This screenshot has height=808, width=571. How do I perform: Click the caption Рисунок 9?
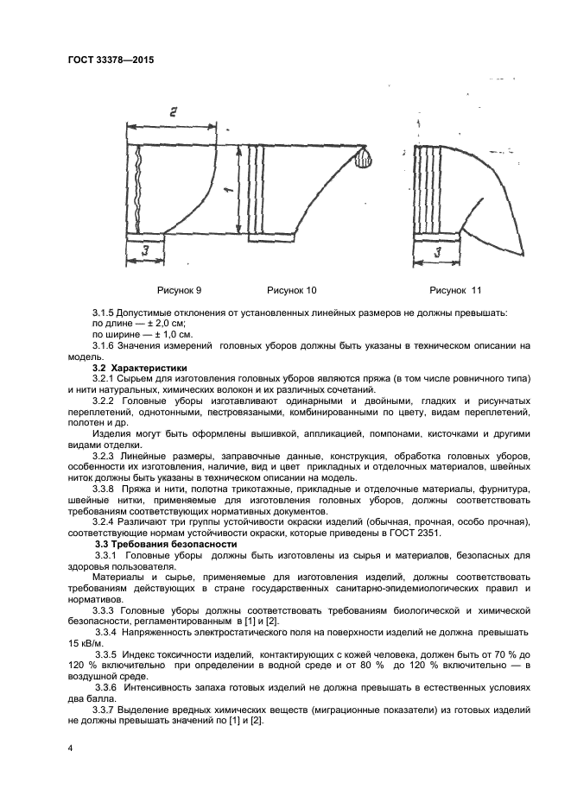tap(179, 291)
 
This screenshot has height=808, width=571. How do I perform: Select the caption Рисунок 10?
tap(291, 291)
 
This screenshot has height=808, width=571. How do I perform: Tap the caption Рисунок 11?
tap(455, 291)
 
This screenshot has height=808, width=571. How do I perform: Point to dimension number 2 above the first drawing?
tap(173, 112)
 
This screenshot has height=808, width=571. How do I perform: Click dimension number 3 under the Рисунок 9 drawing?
tap(148, 251)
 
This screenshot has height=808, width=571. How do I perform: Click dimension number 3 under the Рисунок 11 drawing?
tap(438, 253)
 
